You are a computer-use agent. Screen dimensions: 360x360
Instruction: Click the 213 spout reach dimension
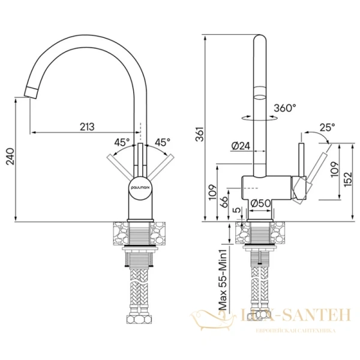click(x=87, y=126)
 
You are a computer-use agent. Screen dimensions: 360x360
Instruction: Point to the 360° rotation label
click(x=285, y=108)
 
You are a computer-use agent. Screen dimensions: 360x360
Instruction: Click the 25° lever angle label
click(x=328, y=127)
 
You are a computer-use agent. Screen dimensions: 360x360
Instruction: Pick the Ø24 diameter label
click(x=239, y=145)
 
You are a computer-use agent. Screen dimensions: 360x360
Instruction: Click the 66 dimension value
click(x=224, y=201)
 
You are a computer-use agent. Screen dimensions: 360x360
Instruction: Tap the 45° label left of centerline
click(x=122, y=142)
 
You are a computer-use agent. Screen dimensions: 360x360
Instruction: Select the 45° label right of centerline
click(x=162, y=142)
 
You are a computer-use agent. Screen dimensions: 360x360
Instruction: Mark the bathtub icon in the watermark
click(x=206, y=317)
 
